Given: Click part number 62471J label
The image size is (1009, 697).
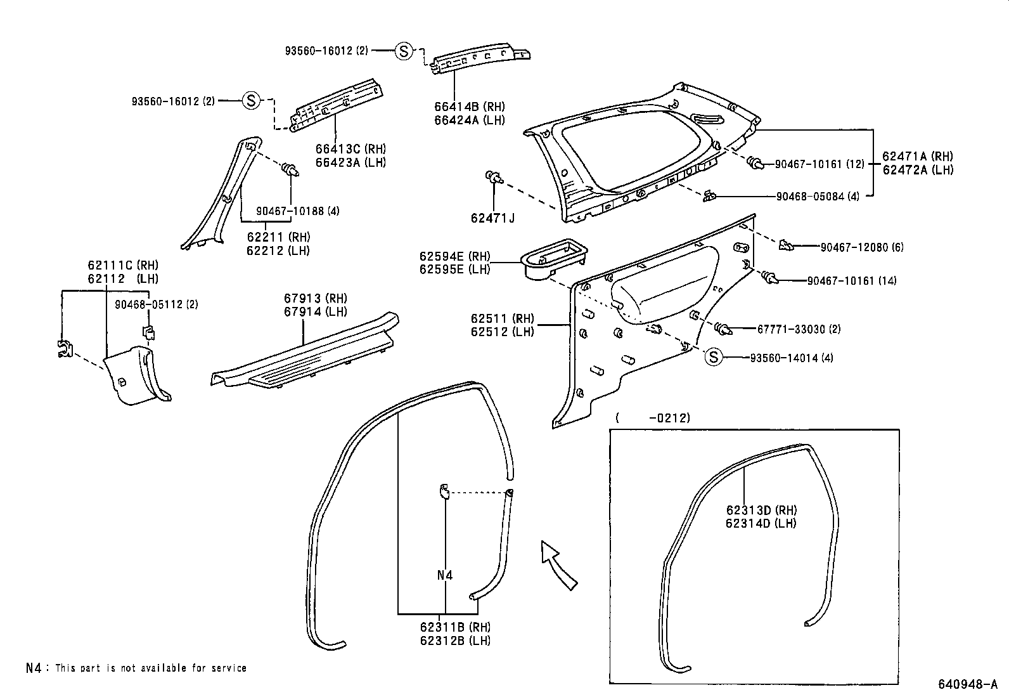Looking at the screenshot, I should (x=492, y=218).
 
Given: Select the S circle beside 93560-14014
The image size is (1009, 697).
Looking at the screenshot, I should (x=714, y=357).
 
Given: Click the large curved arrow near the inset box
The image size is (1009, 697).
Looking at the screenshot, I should (x=558, y=564).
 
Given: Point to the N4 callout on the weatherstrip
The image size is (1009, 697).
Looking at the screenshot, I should (x=445, y=575).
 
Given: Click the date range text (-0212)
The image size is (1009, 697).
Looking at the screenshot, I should (x=653, y=417).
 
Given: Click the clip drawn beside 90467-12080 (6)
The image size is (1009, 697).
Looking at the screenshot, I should (x=786, y=245).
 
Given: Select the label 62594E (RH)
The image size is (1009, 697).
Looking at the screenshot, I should (x=454, y=256).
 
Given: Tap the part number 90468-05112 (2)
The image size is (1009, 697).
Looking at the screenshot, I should (x=156, y=304).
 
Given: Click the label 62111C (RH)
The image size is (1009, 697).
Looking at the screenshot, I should (x=123, y=265).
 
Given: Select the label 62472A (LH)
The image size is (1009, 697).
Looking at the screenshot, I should (x=918, y=169).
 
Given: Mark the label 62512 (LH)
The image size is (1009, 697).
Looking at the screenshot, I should (x=502, y=332).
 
